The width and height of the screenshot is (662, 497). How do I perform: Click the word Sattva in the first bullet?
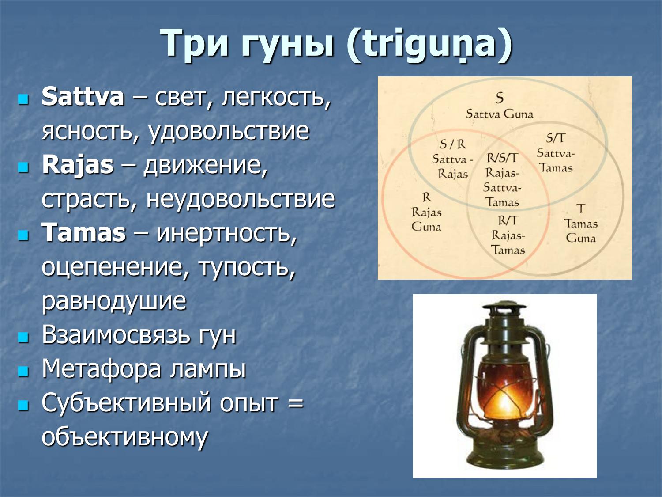[83, 97]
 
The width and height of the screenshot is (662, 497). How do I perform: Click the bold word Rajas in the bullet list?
[78, 165]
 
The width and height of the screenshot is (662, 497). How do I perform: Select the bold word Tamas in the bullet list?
[84, 233]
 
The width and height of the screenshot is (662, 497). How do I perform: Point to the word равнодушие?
[114, 301]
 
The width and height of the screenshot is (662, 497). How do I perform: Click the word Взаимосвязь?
[116, 335]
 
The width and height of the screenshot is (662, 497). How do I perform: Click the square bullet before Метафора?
[23, 370]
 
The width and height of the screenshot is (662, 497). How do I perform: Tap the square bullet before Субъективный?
[23, 404]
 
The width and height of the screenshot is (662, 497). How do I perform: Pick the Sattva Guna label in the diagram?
[500, 106]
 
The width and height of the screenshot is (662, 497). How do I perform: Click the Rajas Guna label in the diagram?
[426, 212]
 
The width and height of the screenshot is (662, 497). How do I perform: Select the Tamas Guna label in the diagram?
[581, 224]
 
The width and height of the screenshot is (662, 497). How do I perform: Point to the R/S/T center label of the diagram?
[502, 180]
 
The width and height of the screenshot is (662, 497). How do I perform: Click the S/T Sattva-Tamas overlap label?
[556, 153]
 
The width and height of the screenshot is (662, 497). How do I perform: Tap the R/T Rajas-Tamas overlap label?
[508, 235]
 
